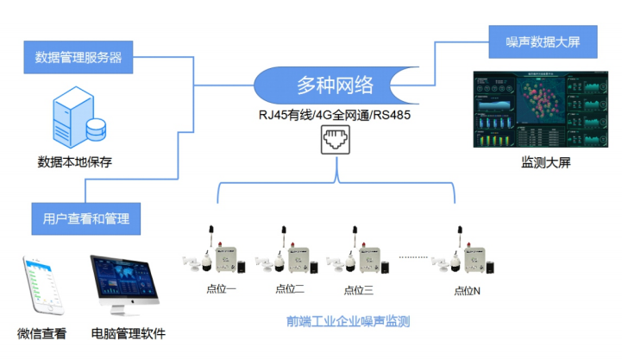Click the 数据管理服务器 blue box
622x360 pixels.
79,58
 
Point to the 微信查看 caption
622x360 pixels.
41,334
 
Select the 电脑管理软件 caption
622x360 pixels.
128,334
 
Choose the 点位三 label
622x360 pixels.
357,289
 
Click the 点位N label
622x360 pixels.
467,290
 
